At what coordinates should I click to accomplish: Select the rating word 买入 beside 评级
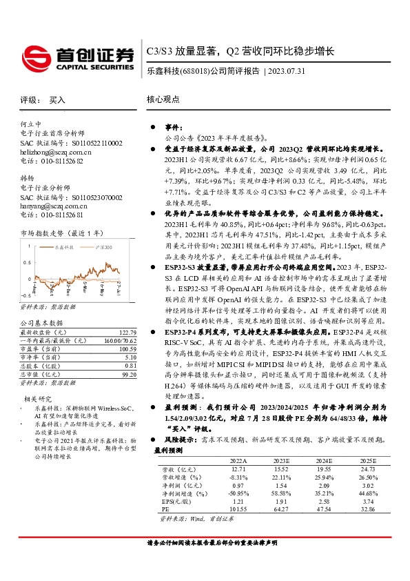pyautogui.click(x=57, y=100)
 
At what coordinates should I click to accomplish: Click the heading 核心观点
pyautogui.click(x=163, y=100)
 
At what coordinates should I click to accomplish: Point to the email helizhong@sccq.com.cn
pyautogui.click(x=56, y=152)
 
